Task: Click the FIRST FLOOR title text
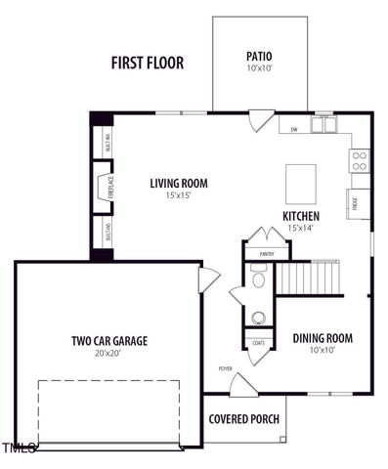pyautogui.click(x=147, y=64)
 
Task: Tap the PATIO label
pyautogui.click(x=259, y=57)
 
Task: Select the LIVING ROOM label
pyautogui.click(x=179, y=183)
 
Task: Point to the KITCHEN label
pyautogui.click(x=301, y=216)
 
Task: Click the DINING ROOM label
pyautogui.click(x=323, y=338)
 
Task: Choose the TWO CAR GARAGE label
pyautogui.click(x=109, y=341)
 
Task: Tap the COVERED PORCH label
pyautogui.click(x=244, y=419)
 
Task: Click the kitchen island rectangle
pyautogui.click(x=300, y=181)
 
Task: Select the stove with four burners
pyautogui.click(x=360, y=159)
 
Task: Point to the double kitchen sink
pyautogui.click(x=323, y=125)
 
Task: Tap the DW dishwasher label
pyautogui.click(x=294, y=129)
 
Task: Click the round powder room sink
pyautogui.click(x=259, y=317)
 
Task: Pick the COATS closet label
pyautogui.click(x=258, y=343)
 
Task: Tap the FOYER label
pyautogui.click(x=226, y=368)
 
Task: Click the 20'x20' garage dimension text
pyautogui.click(x=109, y=354)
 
